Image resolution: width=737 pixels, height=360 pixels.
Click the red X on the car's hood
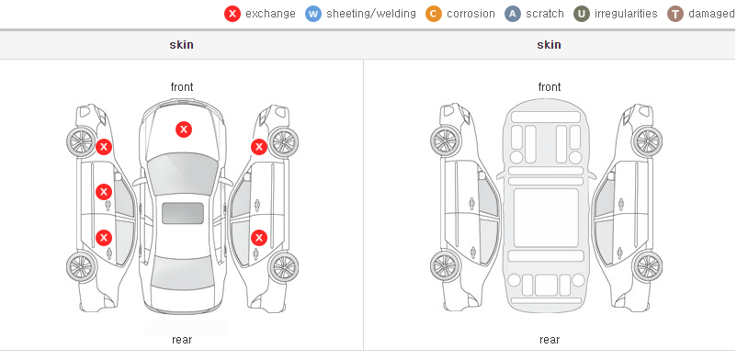(x=184, y=129)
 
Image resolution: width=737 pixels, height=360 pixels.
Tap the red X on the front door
(x=104, y=192)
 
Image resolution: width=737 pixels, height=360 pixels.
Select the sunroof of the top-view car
(x=183, y=213)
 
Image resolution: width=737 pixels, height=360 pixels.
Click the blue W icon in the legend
(x=313, y=14)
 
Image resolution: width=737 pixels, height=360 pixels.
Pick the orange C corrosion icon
(x=434, y=14)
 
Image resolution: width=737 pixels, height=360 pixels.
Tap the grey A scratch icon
(x=513, y=14)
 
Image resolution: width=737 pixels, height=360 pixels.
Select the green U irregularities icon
(x=582, y=14)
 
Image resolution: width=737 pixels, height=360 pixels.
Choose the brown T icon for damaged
(x=675, y=14)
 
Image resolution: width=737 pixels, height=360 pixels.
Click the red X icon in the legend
(x=232, y=14)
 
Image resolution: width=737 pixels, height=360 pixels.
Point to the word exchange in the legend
(x=270, y=14)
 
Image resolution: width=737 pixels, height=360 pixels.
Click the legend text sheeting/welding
(x=371, y=14)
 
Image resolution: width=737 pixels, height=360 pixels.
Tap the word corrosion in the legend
(x=471, y=14)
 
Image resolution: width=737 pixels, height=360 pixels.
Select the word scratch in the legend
(x=545, y=14)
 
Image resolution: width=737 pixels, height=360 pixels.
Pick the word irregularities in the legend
(x=626, y=14)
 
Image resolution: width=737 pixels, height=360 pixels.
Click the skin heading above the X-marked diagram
(x=181, y=45)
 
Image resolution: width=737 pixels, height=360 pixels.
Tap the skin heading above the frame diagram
(x=549, y=45)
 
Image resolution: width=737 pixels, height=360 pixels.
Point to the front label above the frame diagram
(x=550, y=87)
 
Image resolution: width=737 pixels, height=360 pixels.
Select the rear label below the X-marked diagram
(x=182, y=340)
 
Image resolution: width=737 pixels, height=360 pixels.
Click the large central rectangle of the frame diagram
(x=546, y=218)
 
